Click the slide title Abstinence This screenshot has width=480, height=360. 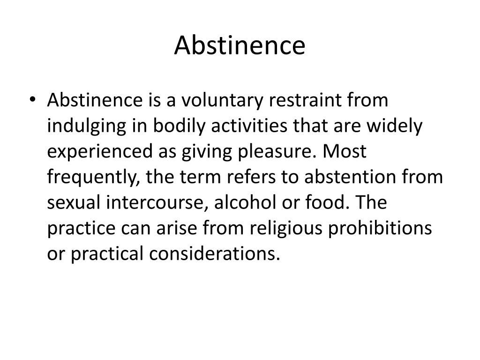[x=240, y=46]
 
